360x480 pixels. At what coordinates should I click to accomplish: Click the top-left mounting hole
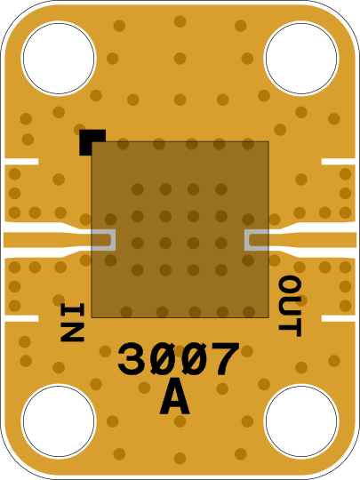point(59,58)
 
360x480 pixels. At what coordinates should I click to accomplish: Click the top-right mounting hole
point(301,58)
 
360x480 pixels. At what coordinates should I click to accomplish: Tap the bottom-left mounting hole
point(59,421)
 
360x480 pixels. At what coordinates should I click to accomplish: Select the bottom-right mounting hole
point(301,421)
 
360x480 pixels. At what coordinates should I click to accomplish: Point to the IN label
point(73,322)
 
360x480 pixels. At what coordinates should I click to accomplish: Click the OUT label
point(290,306)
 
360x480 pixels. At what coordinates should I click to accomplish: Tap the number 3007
point(178,359)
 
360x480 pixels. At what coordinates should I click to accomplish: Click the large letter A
point(174,397)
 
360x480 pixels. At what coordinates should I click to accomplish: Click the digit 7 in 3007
point(224,359)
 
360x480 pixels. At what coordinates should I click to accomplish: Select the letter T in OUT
point(290,328)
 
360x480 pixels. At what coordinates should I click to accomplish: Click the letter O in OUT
point(290,284)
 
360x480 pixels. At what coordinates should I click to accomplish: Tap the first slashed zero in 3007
point(163,359)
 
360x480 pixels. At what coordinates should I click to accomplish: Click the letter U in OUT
point(290,306)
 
